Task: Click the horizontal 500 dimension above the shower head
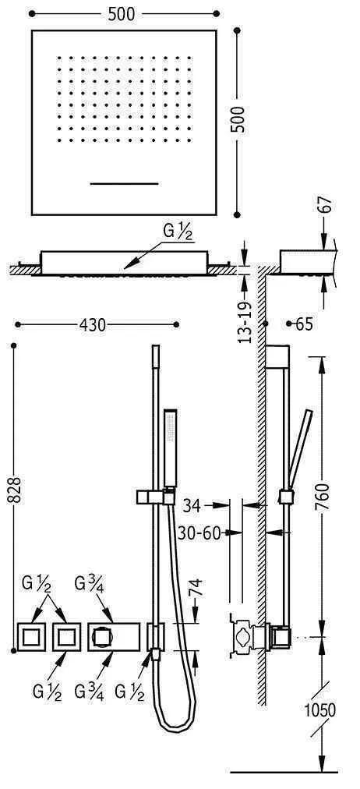[122, 15]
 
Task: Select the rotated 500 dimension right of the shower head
[241, 120]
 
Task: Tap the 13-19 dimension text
[245, 321]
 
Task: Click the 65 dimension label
[304, 324]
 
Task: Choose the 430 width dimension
[93, 326]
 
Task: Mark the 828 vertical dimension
[15, 490]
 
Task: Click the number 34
[192, 506]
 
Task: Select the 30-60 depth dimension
[199, 533]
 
